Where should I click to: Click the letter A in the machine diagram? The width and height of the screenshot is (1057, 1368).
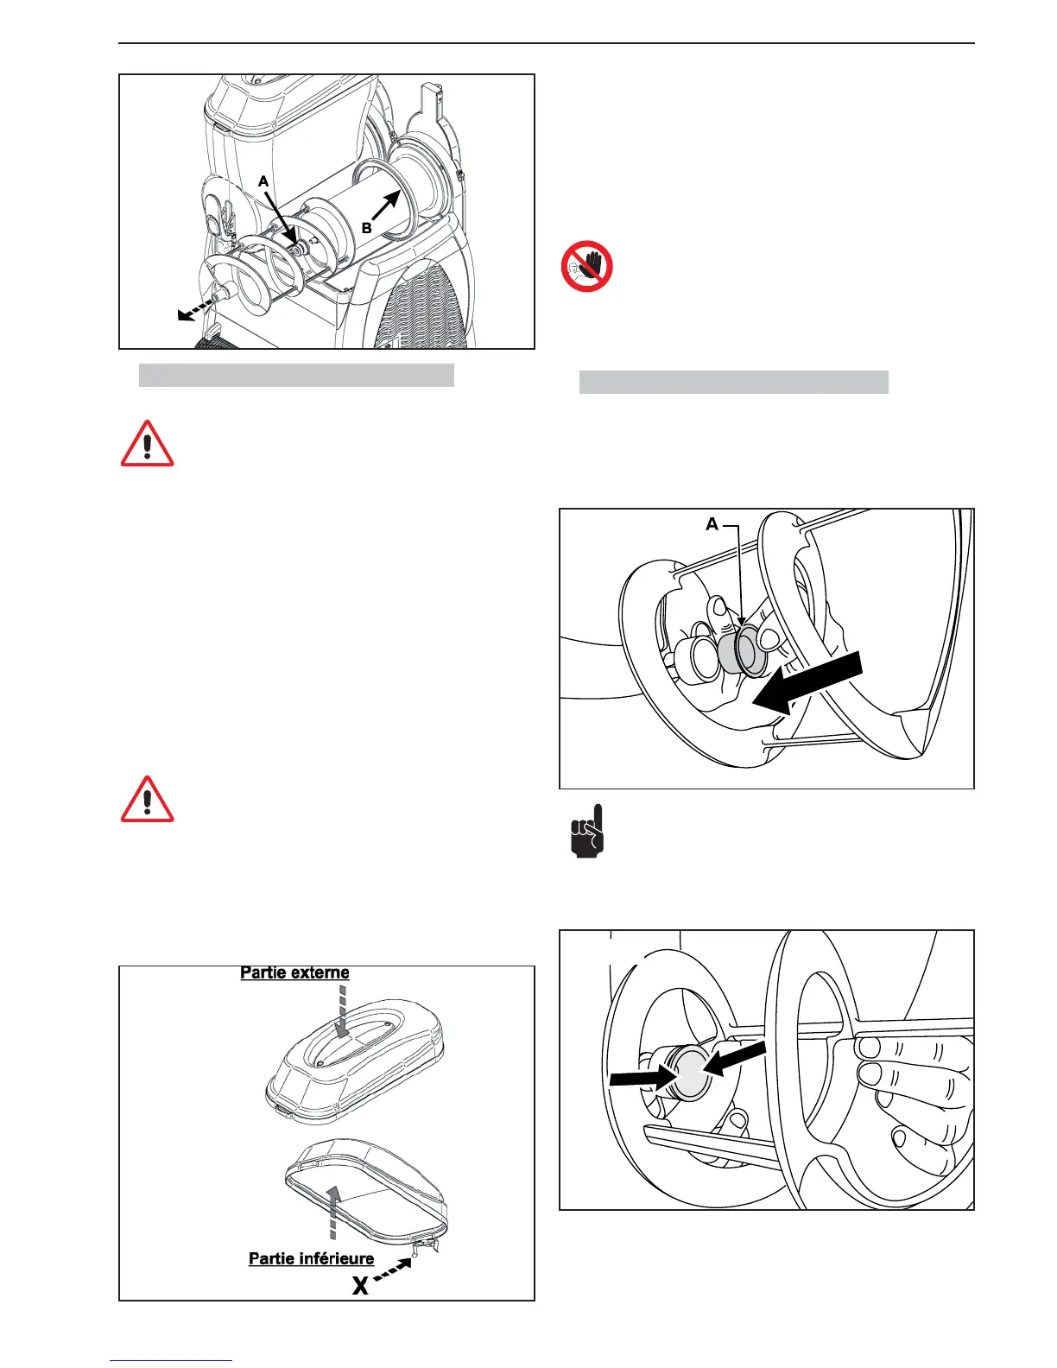264,182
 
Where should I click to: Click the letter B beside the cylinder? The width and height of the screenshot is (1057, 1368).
367,228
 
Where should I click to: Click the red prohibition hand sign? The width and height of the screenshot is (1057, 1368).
587,266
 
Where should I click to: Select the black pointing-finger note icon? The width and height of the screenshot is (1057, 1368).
589,831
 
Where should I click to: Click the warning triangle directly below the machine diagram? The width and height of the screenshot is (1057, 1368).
148,444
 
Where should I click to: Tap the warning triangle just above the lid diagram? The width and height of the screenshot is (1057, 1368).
148,799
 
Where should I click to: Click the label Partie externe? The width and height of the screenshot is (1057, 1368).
294,972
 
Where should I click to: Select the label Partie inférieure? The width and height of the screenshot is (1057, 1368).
311,1258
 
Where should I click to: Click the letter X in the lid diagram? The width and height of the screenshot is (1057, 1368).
360,1286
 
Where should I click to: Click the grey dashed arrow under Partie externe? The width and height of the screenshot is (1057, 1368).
342,1014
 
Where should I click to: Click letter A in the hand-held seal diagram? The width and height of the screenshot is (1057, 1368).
712,524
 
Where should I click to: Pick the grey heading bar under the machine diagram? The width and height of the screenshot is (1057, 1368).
296,375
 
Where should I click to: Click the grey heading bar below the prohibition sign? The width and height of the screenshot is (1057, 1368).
733,383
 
